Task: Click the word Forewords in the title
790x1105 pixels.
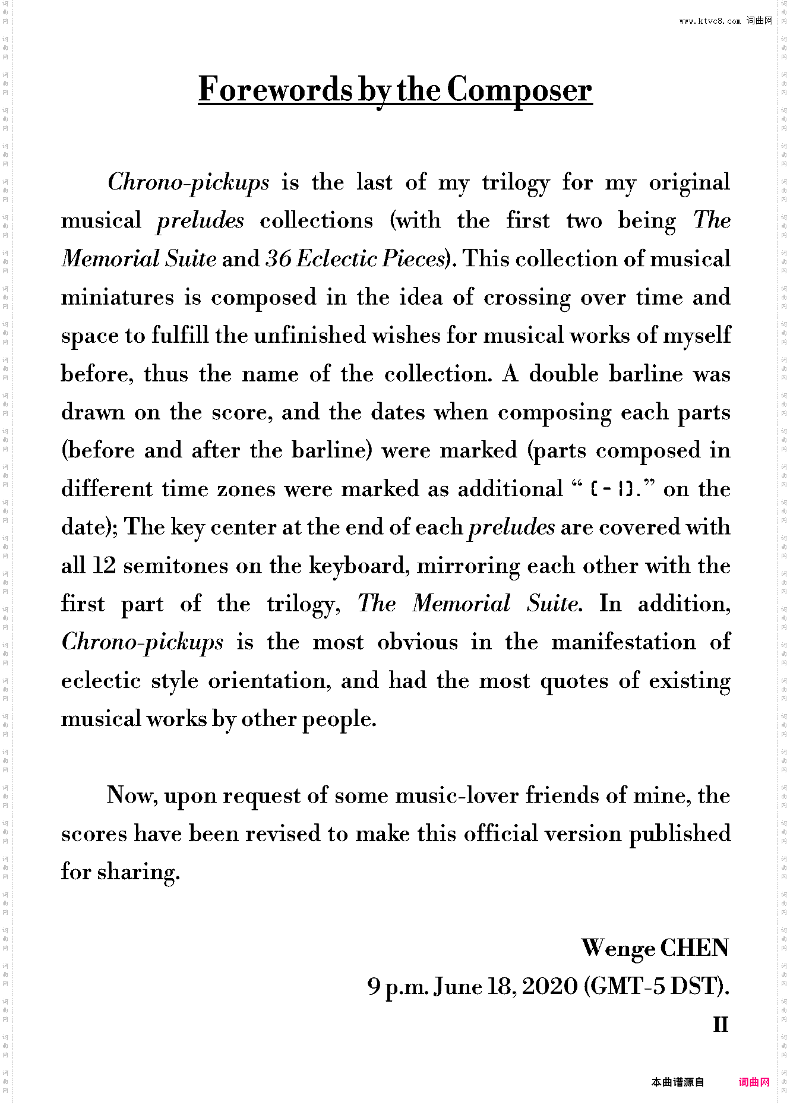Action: (276, 90)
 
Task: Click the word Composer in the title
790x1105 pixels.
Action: (519, 90)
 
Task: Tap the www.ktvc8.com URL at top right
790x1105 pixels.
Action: (710, 21)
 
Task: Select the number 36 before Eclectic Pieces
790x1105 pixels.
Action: (278, 258)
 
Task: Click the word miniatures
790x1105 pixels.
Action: (118, 297)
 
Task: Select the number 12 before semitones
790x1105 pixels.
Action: (105, 566)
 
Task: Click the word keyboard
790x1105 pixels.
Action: (359, 566)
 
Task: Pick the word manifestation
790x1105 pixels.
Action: (624, 642)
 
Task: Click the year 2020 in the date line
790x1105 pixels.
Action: (550, 987)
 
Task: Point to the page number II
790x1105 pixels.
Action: (721, 1025)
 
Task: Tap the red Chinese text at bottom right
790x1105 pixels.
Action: (754, 1082)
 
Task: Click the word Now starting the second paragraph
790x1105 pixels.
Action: (132, 795)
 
